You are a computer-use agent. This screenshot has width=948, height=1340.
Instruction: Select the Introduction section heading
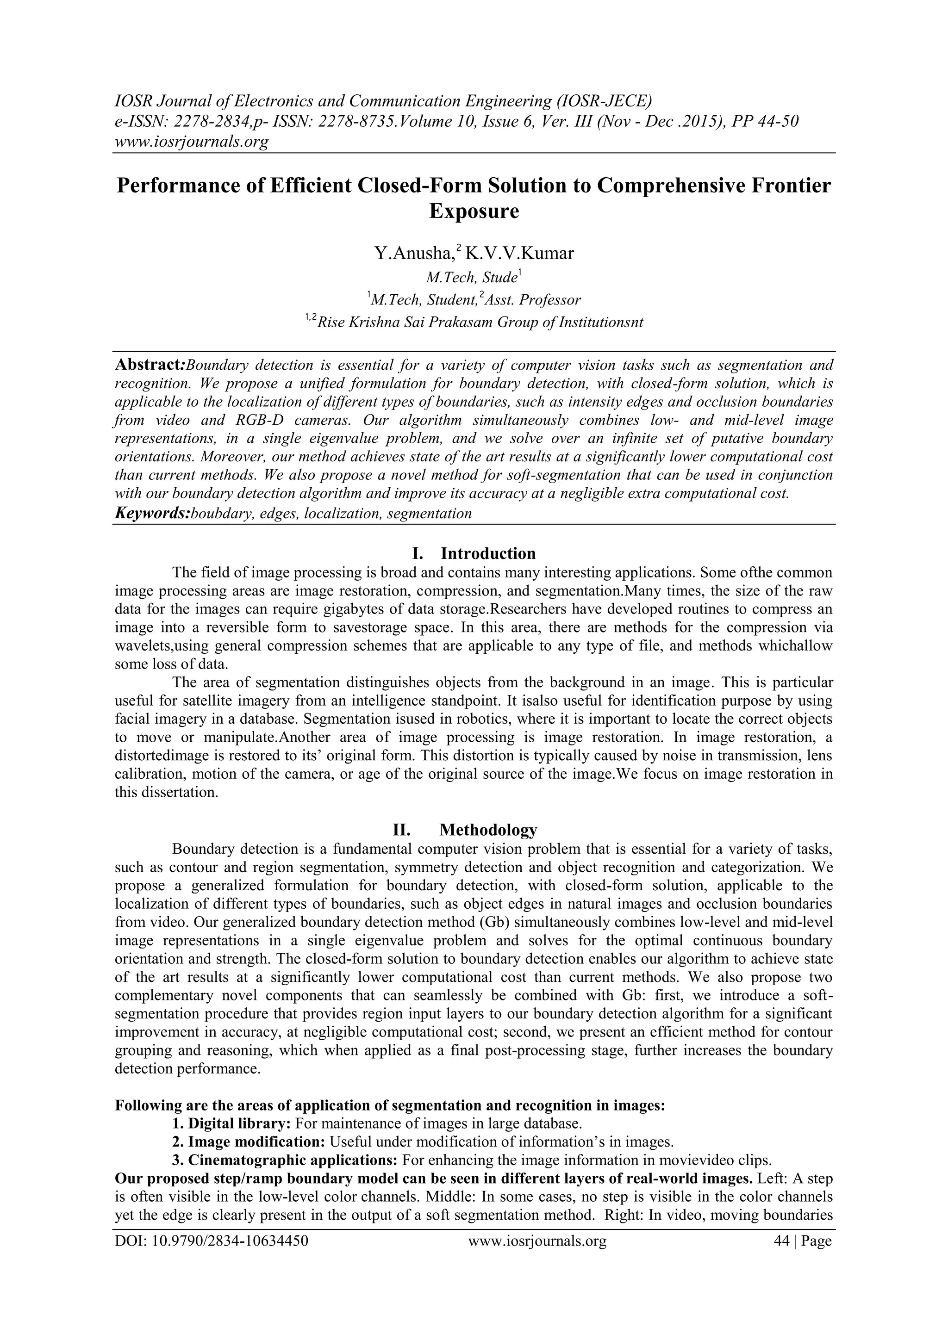487,553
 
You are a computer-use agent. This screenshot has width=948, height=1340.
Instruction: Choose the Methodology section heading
487,829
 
